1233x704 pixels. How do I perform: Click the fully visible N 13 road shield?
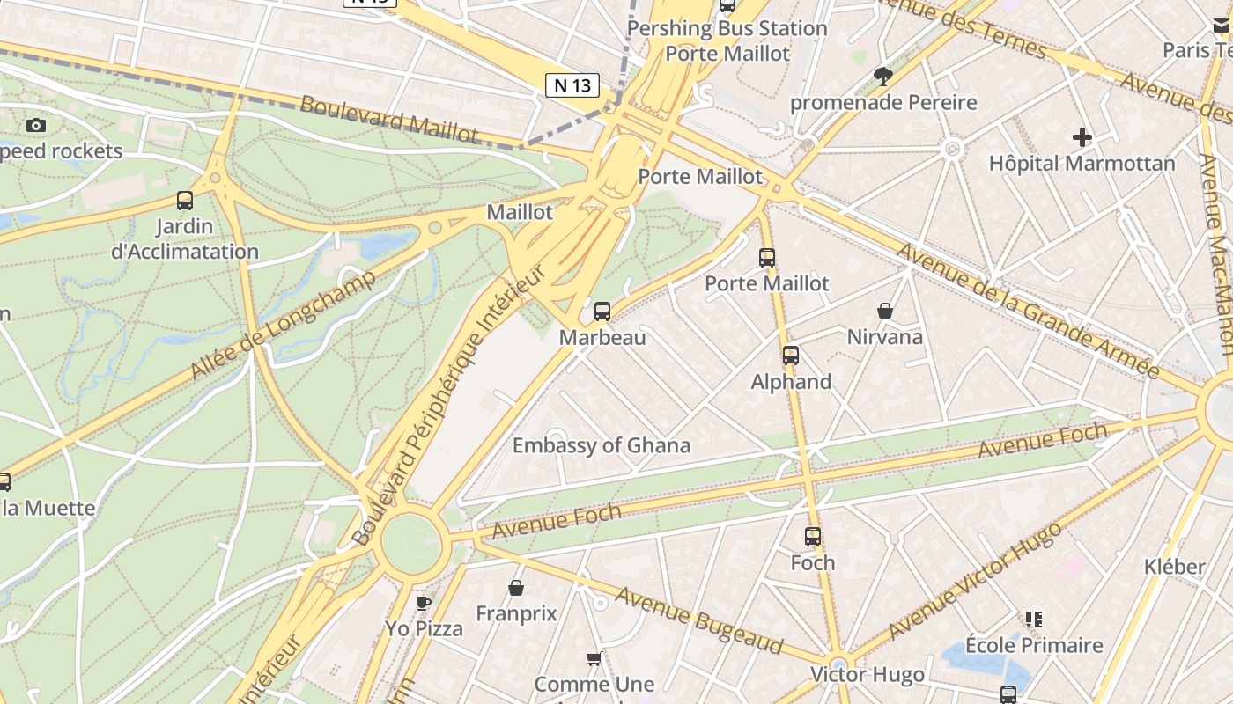coord(572,85)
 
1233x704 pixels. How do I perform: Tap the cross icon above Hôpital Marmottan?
coord(1082,137)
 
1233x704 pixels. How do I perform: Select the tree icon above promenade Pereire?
coord(883,77)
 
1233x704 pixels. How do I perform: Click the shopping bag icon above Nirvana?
coord(885,311)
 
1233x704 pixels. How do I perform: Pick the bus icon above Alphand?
coord(791,356)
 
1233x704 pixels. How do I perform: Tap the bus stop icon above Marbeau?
coord(602,311)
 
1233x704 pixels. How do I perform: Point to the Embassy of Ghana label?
coord(602,445)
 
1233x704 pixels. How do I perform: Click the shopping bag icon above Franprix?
coord(516,587)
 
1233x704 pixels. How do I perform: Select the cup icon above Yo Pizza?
coord(424,603)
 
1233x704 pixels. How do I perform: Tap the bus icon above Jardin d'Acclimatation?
coord(185,200)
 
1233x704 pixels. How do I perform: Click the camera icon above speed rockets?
coord(36,125)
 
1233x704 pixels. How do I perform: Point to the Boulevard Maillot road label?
coord(388,119)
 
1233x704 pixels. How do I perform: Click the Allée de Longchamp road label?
coord(283,325)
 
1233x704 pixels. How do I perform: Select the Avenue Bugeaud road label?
coord(699,621)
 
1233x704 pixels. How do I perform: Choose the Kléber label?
coord(1175,566)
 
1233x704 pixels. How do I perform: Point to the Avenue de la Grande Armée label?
coord(1027,310)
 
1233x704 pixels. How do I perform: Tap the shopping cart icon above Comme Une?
coord(594,658)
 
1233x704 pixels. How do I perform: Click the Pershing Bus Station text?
coord(727,28)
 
